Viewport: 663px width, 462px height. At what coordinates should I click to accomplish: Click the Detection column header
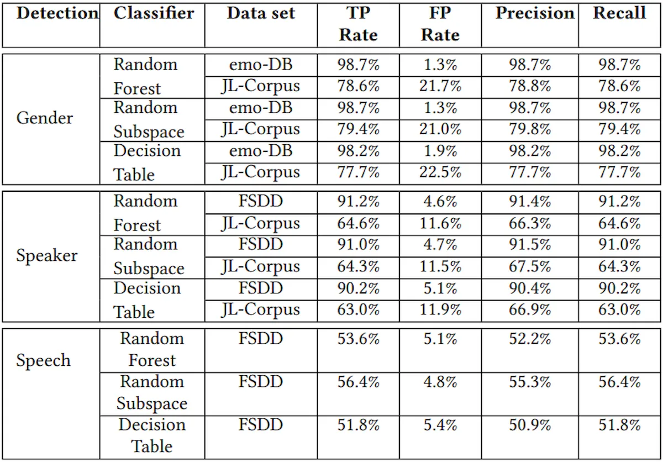pyautogui.click(x=57, y=13)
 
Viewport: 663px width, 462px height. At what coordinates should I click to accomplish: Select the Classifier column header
pyautogui.click(x=154, y=13)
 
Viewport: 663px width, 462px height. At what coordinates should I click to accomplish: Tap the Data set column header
pyautogui.click(x=261, y=13)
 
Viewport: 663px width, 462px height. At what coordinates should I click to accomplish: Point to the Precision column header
pyautogui.click(x=535, y=13)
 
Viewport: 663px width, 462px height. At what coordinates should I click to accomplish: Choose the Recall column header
pyautogui.click(x=619, y=13)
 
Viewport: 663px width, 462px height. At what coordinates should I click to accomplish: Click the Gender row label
pyautogui.click(x=45, y=118)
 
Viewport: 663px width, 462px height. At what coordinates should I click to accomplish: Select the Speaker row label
pyautogui.click(x=47, y=255)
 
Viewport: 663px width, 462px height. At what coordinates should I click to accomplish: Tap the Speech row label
pyautogui.click(x=44, y=360)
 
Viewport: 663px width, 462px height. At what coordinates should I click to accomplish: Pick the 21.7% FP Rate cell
pyautogui.click(x=440, y=86)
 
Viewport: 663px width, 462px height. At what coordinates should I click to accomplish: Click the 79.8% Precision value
pyautogui.click(x=530, y=129)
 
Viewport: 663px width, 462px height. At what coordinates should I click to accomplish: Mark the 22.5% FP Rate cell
pyautogui.click(x=440, y=172)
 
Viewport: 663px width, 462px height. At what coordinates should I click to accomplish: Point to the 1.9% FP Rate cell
pyautogui.click(x=440, y=151)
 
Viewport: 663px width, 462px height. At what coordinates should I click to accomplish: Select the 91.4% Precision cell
pyautogui.click(x=530, y=202)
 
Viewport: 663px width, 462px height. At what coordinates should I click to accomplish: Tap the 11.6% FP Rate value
pyautogui.click(x=440, y=223)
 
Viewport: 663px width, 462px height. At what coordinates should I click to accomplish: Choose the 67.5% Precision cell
pyautogui.click(x=530, y=266)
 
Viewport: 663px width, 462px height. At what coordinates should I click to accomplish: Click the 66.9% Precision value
pyautogui.click(x=530, y=310)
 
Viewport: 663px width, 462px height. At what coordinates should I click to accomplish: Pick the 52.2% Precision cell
pyautogui.click(x=530, y=339)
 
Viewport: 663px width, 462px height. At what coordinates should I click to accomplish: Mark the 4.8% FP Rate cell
pyautogui.click(x=440, y=382)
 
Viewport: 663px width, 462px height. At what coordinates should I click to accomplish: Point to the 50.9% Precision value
pyautogui.click(x=530, y=426)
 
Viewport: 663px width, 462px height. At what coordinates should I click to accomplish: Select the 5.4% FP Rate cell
pyautogui.click(x=440, y=426)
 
